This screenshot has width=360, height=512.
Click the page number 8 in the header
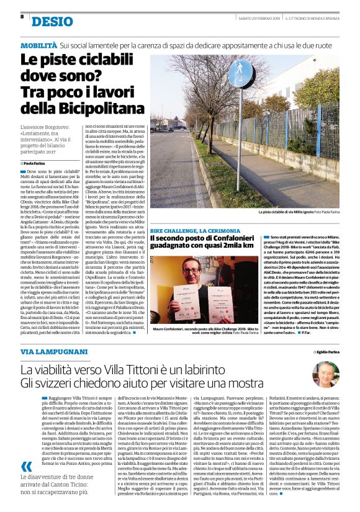[22, 17]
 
